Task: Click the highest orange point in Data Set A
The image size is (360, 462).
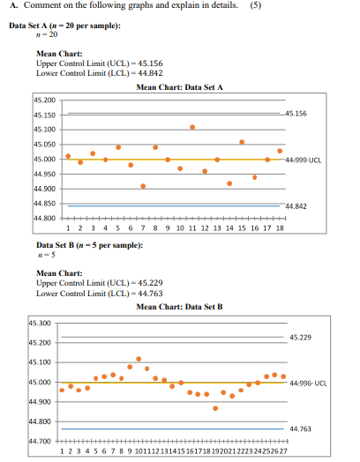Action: click(192, 127)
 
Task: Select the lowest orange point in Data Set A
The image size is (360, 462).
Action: click(143, 186)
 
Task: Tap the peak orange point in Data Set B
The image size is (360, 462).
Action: click(139, 359)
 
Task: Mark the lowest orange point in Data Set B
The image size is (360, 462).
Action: click(215, 408)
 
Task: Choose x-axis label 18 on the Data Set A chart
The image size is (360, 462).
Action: click(280, 227)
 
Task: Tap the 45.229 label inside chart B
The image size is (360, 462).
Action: click(299, 338)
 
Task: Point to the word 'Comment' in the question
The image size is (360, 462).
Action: click(34, 10)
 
